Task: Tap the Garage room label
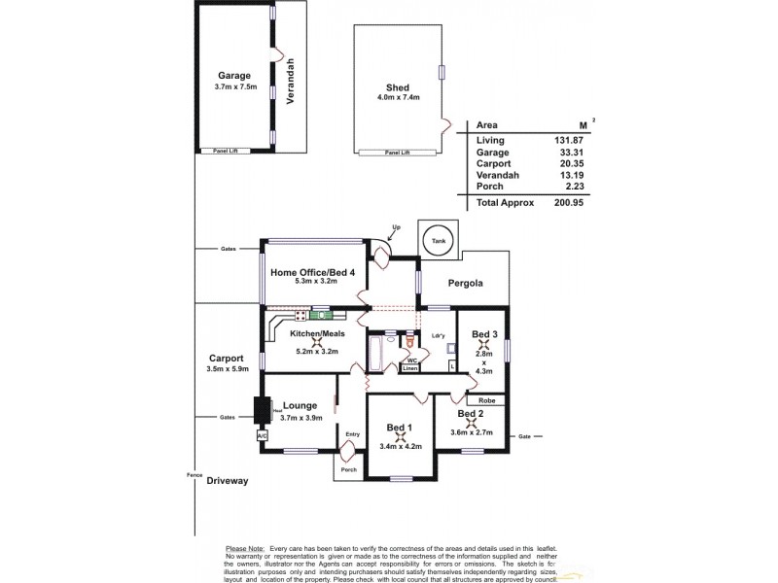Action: click(x=233, y=76)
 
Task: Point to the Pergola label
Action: click(x=465, y=284)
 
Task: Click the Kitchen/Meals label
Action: click(x=318, y=333)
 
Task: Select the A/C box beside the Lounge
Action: click(x=262, y=436)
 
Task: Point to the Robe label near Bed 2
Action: click(x=486, y=399)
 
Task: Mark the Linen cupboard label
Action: click(x=410, y=369)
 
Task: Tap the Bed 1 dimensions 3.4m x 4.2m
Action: click(x=400, y=447)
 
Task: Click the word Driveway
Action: click(x=228, y=480)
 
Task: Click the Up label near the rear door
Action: click(x=395, y=227)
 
